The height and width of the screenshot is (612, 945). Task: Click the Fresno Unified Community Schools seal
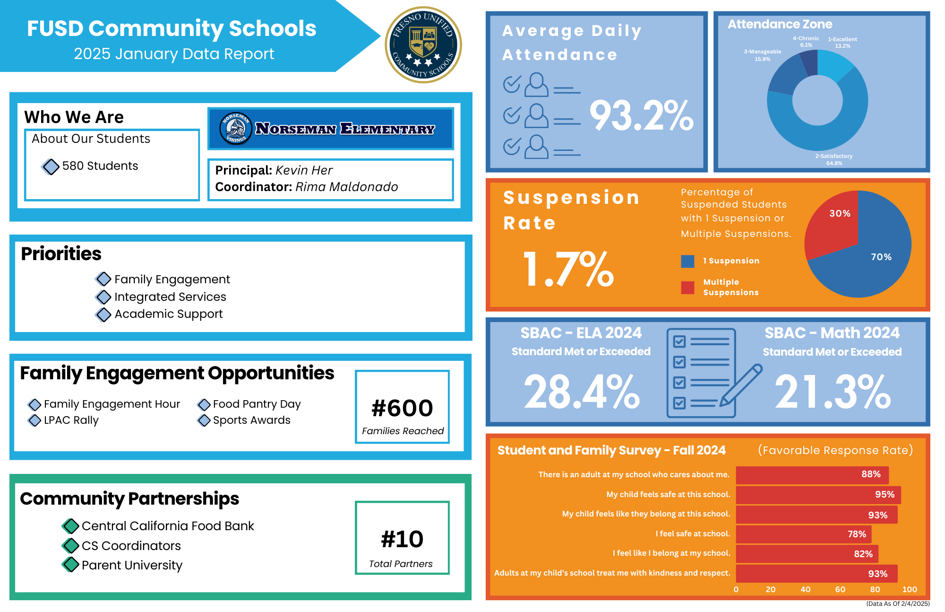[423, 45]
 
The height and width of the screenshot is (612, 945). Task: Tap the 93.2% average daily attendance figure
[641, 116]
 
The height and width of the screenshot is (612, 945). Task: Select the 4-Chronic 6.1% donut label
[806, 42]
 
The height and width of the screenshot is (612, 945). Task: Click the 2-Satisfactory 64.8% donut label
[834, 159]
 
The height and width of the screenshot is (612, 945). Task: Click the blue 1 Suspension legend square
[687, 261]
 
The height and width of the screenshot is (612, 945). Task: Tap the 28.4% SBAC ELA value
[581, 392]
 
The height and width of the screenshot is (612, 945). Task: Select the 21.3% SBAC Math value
[833, 392]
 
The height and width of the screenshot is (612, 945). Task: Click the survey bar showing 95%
[818, 495]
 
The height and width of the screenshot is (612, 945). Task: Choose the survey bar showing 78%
[803, 534]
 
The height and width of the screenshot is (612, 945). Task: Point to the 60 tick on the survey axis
[840, 589]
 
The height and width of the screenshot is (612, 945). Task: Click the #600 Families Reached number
[402, 408]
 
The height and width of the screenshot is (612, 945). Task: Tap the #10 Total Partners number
[402, 539]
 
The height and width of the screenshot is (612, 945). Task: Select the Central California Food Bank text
[168, 526]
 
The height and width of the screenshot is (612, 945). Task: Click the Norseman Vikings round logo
[236, 128]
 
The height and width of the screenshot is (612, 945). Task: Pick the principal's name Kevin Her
[304, 170]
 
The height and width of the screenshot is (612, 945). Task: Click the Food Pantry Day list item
[257, 404]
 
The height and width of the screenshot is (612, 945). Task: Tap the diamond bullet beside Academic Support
[103, 314]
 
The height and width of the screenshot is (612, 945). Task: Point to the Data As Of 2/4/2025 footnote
[898, 603]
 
